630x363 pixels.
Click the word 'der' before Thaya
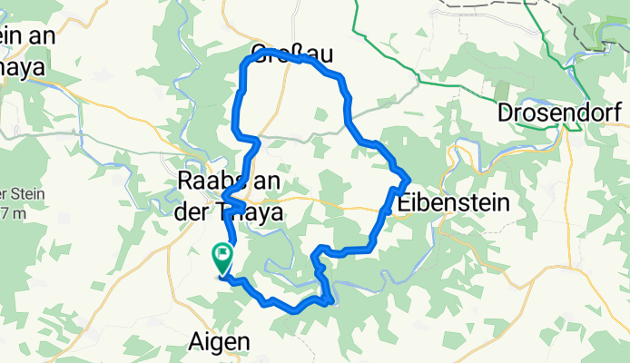(191, 211)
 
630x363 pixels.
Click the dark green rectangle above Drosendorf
(501, 91)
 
